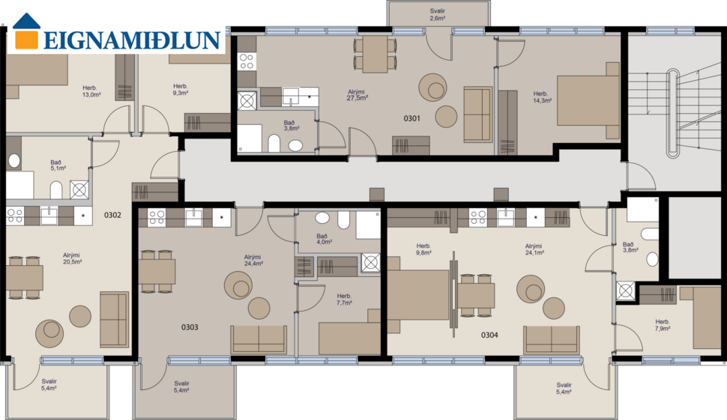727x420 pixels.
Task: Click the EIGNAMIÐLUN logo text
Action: (x=131, y=40)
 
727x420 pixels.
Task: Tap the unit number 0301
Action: (x=411, y=118)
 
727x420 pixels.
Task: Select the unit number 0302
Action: (x=112, y=215)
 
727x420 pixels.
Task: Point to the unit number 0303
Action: (x=190, y=327)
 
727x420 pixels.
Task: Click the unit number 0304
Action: (x=489, y=335)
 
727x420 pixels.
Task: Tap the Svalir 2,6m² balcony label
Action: (x=438, y=14)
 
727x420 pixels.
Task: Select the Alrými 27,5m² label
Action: (x=356, y=94)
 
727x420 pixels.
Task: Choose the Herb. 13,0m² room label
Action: (x=91, y=91)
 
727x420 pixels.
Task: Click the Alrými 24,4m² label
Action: (x=253, y=260)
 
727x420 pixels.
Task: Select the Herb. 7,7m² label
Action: (x=344, y=299)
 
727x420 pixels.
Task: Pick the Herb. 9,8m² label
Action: (x=423, y=250)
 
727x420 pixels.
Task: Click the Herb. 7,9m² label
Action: (x=663, y=325)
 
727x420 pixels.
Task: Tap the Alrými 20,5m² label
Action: (x=72, y=258)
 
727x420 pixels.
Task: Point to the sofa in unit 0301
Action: (x=477, y=114)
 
